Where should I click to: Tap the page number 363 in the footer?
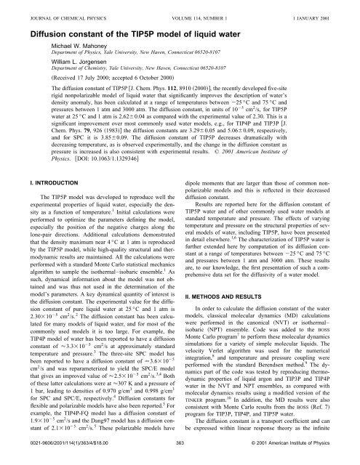pos(180,458)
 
